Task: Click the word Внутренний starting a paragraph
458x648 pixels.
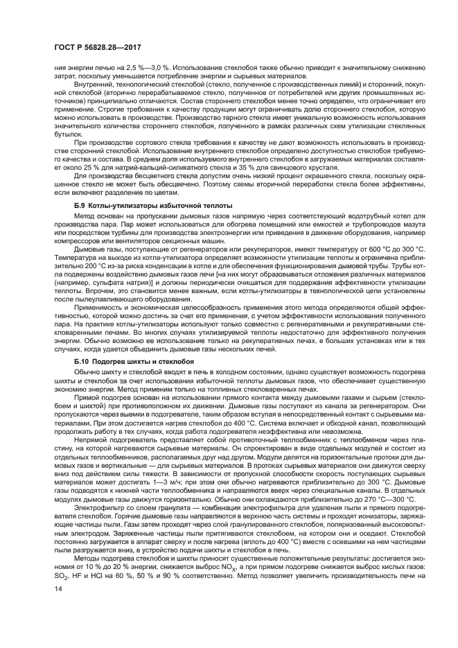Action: [x=94, y=85]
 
